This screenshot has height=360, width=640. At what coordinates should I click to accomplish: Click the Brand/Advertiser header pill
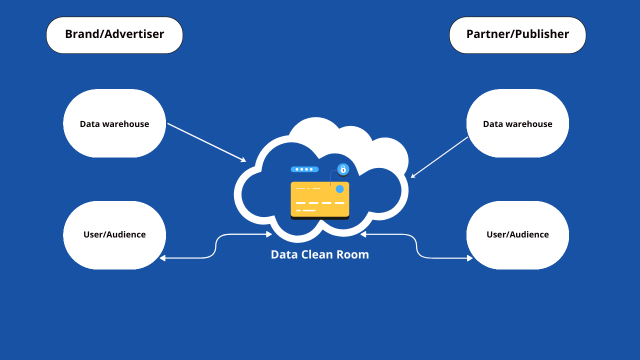point(114,35)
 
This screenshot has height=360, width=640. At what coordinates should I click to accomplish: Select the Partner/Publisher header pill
point(517,35)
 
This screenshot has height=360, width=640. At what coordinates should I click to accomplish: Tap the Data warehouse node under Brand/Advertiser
point(114,123)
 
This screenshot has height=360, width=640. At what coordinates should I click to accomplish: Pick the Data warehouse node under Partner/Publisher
point(517,123)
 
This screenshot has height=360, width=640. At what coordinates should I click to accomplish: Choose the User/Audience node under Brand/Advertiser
point(114,235)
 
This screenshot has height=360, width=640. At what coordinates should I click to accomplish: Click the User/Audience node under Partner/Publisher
point(517,235)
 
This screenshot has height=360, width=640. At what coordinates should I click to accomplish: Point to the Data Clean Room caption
point(320,254)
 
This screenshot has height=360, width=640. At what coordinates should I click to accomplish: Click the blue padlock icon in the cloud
point(343,169)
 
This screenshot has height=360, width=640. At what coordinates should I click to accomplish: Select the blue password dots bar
point(304,169)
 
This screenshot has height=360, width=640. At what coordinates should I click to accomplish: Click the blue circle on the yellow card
point(339,189)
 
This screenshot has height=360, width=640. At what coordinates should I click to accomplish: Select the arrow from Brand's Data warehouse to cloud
point(206,142)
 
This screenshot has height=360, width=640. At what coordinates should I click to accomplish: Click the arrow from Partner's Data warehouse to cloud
point(439,157)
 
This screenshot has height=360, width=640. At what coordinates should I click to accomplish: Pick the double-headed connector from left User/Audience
point(215,246)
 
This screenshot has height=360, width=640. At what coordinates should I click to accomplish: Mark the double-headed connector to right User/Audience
point(416,246)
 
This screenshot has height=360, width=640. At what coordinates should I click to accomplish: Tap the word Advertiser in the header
point(134,34)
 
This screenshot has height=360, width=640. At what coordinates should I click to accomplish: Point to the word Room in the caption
point(353,254)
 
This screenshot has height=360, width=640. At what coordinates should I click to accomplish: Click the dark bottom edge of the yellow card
point(320,218)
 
